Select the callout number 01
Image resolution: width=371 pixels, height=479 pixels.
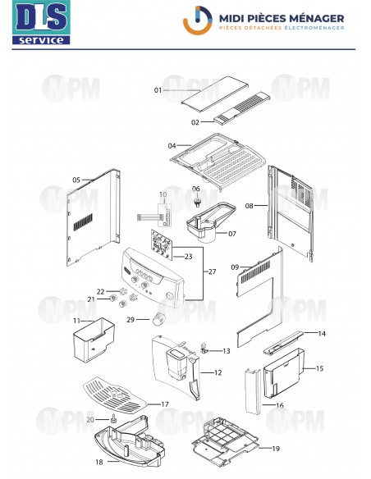158,89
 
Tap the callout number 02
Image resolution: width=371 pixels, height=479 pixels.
195,122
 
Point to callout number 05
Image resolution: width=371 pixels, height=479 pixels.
76,179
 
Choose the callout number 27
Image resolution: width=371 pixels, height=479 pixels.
212,271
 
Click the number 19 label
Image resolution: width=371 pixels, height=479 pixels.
275,448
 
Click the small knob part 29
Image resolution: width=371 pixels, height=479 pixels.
161,319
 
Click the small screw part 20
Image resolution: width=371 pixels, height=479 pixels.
114,420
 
